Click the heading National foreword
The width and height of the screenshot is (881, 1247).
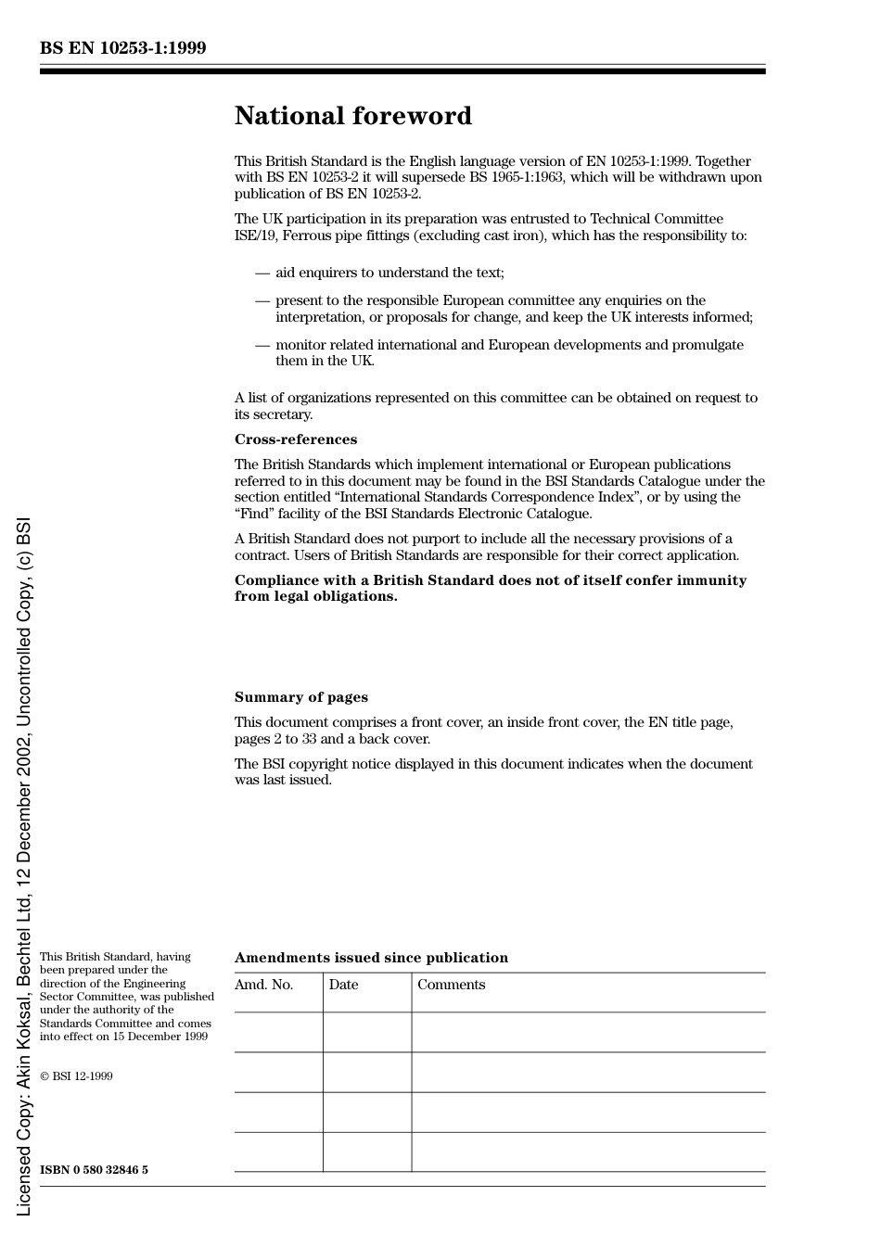[352, 116]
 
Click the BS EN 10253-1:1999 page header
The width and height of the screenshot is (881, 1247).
[122, 48]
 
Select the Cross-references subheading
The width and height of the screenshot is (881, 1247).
[295, 439]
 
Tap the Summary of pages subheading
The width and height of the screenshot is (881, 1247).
[300, 697]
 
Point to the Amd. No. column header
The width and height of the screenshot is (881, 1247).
[263, 985]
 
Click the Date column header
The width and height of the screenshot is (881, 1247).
[343, 985]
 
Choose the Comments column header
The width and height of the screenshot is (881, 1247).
[451, 985]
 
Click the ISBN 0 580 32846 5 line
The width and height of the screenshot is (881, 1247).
[94, 1170]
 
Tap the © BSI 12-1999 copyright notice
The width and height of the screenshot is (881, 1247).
[76, 1076]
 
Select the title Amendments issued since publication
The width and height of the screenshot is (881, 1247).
[371, 958]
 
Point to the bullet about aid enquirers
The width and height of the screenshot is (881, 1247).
[389, 273]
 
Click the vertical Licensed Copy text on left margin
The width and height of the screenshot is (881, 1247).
[23, 867]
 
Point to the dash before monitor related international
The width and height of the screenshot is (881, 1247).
[262, 345]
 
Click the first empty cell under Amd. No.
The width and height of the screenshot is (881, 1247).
[278, 1032]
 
